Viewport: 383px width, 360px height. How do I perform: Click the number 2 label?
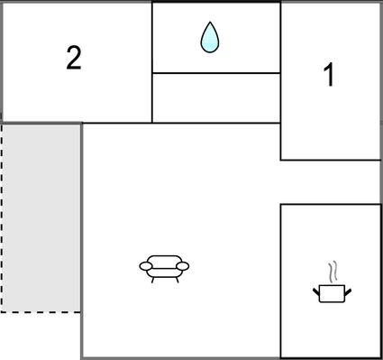point(74,58)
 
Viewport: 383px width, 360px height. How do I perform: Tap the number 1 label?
point(329,76)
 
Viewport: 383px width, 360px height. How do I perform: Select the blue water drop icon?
point(210,37)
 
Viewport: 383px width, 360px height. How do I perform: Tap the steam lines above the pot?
point(333,271)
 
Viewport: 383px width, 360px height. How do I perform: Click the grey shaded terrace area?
point(41,217)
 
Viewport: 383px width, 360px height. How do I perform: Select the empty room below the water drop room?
point(215,97)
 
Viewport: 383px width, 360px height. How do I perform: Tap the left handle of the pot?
point(315,290)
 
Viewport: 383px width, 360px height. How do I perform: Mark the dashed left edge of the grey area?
point(1,217)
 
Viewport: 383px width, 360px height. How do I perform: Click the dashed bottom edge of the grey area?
point(41,311)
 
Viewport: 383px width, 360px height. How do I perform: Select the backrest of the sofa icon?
point(164,259)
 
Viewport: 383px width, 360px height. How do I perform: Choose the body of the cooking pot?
point(331,292)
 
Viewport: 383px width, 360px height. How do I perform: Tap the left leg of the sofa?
point(152,279)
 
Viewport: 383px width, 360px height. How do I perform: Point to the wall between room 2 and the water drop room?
point(151,61)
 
